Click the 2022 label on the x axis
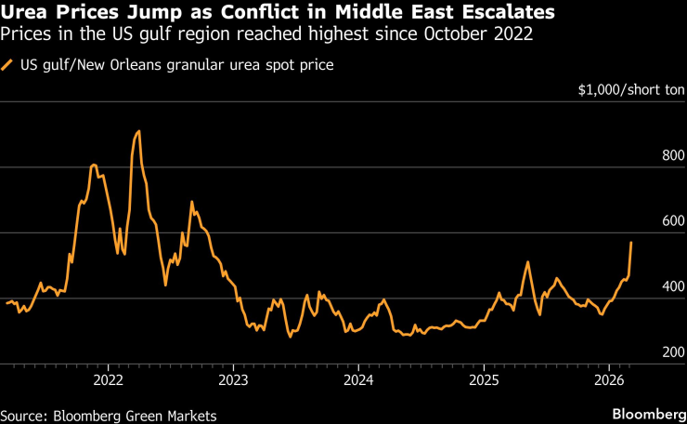click(x=109, y=380)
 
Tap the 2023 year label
click(x=233, y=380)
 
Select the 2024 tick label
click(x=357, y=380)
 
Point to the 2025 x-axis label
click(x=484, y=380)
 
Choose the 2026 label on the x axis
click(x=609, y=380)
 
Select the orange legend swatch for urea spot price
click(x=8, y=65)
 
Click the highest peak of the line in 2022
click(x=138, y=131)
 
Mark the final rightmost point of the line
click(x=631, y=243)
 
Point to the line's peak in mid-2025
click(x=527, y=262)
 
